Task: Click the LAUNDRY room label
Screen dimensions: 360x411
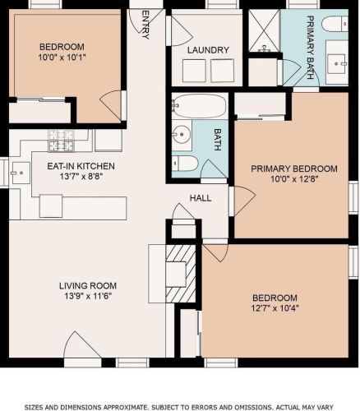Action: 208,50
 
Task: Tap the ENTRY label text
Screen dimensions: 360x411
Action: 146,25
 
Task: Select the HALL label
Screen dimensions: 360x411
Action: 201,198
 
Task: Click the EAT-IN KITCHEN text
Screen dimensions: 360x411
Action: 81,166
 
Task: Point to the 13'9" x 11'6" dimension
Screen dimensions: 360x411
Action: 88,296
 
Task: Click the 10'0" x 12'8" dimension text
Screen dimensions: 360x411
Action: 294,179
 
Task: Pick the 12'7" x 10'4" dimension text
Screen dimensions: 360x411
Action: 275,308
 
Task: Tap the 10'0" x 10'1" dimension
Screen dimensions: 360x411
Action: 62,58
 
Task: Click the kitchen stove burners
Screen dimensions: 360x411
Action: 62,141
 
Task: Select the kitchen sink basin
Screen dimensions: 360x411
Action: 21,173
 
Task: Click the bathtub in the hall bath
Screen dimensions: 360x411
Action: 200,106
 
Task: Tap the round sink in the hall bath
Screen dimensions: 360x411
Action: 182,135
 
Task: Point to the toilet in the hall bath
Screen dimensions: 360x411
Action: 185,164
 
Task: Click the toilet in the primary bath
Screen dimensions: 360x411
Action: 335,24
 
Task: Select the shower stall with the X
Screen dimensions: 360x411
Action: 264,30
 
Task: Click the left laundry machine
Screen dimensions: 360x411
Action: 194,70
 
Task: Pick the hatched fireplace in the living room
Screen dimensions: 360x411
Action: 181,274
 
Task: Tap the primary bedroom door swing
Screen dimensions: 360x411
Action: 244,201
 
